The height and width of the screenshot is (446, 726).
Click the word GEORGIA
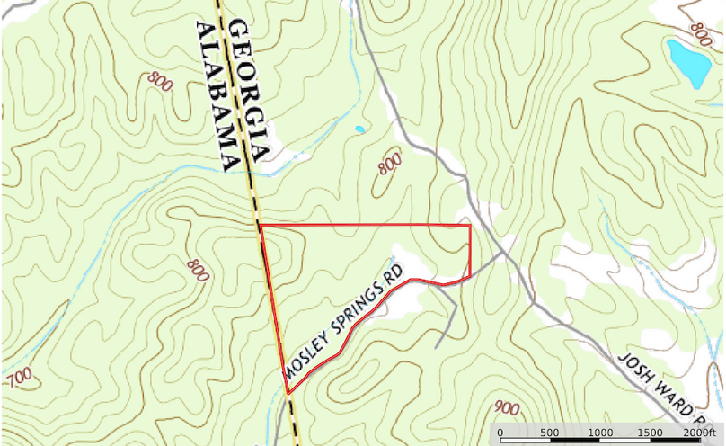tap(245, 90)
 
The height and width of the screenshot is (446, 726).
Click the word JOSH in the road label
tap(634, 370)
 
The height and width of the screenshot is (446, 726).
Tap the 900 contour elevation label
tap(507, 409)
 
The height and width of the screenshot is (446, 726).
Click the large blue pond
tap(688, 61)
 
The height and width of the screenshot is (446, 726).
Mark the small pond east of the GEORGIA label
tap(360, 129)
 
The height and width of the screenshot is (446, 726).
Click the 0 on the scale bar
tap(500, 433)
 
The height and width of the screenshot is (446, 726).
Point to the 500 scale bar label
tap(549, 433)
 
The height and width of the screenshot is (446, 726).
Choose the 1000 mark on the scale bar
tap(599, 433)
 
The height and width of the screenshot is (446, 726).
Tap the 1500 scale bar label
tap(650, 433)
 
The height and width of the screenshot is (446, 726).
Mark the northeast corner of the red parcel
tap(470, 225)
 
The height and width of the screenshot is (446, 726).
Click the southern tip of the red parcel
tap(288, 393)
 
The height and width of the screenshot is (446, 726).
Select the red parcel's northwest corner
tap(260, 225)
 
